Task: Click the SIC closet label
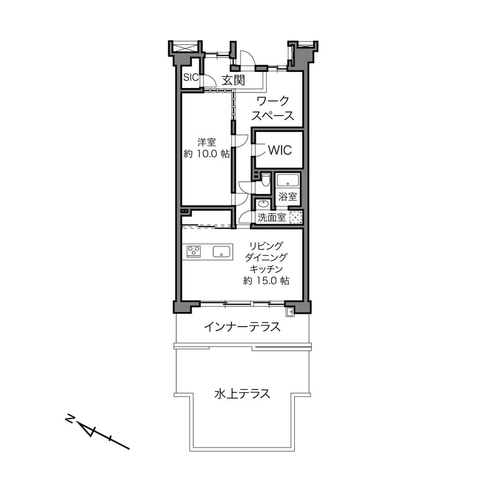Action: [191, 77]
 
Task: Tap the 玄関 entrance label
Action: [233, 81]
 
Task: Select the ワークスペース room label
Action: [273, 108]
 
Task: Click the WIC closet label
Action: [280, 150]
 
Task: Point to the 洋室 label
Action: [206, 142]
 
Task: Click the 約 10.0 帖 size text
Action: [206, 154]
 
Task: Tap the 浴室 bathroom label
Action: [288, 197]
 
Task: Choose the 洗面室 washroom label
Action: [272, 217]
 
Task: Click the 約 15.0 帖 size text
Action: [266, 281]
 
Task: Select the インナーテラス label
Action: [242, 327]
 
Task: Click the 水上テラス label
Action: [242, 393]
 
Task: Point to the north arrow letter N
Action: [70, 419]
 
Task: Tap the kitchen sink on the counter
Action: [221, 251]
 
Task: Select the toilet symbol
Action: [266, 179]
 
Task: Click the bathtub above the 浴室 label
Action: [288, 181]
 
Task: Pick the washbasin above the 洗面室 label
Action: [263, 204]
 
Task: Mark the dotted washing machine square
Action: [296, 217]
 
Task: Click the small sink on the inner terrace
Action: [290, 312]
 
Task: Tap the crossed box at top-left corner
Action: [184, 47]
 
